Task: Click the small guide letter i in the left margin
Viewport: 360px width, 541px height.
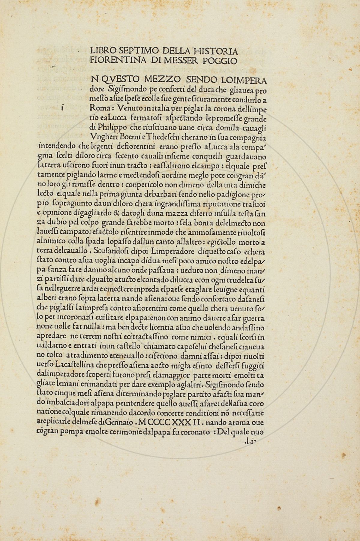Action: [62, 108]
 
